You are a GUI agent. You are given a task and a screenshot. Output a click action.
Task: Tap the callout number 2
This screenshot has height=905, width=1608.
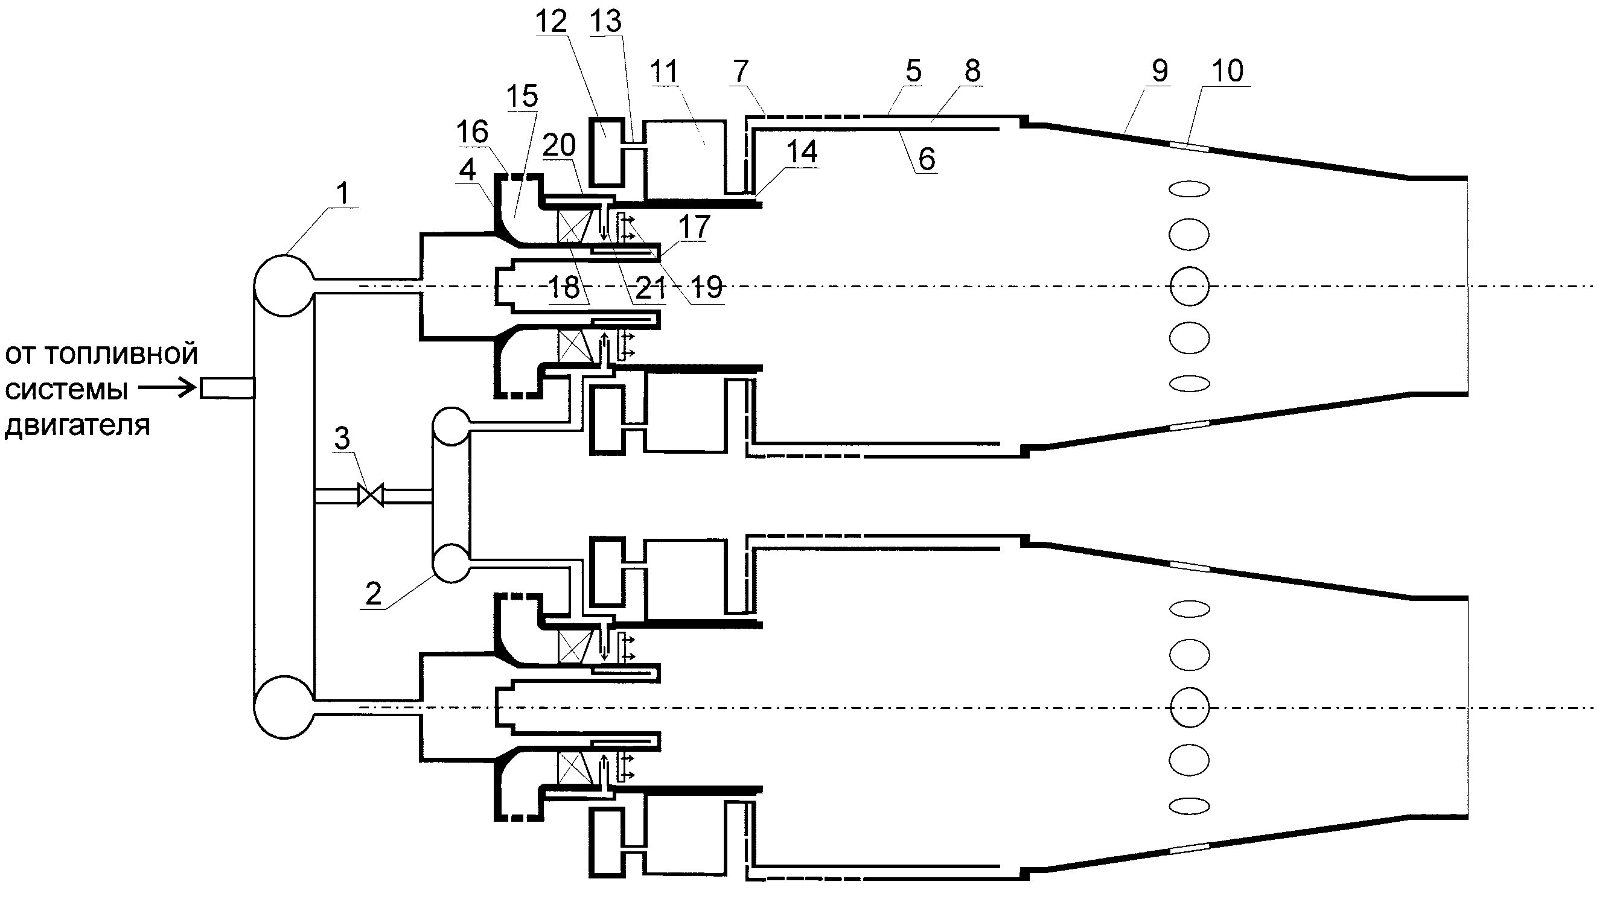[373, 594]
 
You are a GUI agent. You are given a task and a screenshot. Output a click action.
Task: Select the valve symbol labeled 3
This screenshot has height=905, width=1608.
[370, 495]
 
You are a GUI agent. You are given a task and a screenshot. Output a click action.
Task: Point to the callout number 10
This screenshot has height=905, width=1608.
[1228, 71]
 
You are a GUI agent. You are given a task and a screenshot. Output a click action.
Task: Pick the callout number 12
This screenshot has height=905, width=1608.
[551, 22]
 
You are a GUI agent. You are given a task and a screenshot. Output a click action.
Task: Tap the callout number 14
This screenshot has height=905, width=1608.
[802, 151]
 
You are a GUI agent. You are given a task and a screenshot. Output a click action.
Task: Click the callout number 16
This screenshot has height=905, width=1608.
[472, 132]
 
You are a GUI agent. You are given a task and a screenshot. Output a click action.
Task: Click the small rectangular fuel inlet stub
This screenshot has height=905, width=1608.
[226, 389]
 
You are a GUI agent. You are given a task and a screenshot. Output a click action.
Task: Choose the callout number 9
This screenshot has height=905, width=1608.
[1159, 71]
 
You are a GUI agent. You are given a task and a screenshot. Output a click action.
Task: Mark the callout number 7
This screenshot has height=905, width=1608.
[741, 71]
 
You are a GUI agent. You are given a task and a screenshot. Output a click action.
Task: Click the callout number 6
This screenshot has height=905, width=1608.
[927, 159]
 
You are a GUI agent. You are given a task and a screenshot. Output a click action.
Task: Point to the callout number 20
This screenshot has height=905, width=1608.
[559, 145]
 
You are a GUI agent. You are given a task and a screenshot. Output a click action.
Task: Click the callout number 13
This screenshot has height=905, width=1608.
[606, 22]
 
